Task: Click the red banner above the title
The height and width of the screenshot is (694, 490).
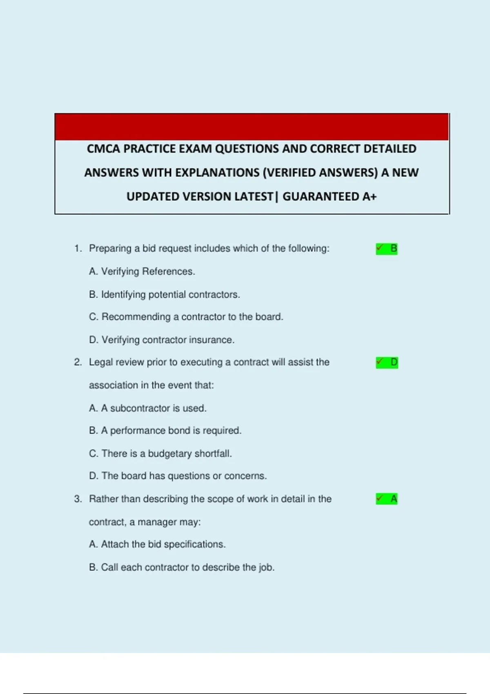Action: tap(252, 127)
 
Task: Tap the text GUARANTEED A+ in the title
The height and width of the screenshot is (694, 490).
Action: tap(330, 197)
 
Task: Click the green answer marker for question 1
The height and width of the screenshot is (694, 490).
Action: tap(386, 249)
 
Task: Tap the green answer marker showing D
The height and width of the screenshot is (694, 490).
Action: tap(387, 363)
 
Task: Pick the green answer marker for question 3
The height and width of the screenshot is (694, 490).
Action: tap(386, 499)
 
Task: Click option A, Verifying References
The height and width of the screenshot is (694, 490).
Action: tap(142, 271)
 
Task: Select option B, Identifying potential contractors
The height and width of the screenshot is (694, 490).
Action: tap(164, 294)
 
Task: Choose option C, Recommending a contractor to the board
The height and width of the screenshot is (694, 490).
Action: tap(186, 317)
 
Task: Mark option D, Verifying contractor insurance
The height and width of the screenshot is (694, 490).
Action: tap(162, 340)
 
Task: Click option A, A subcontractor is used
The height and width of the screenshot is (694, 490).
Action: tap(147, 408)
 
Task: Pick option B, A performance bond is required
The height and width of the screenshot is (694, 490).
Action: tap(165, 431)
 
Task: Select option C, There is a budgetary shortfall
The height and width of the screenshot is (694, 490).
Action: tap(160, 454)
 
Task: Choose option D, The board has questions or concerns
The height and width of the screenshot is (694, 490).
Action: tap(178, 476)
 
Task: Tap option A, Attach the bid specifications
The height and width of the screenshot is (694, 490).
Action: tap(157, 544)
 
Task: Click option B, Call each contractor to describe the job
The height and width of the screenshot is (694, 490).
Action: tap(182, 567)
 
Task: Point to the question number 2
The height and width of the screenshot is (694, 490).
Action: tap(78, 363)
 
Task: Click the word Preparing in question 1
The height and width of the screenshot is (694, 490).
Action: tap(110, 249)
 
